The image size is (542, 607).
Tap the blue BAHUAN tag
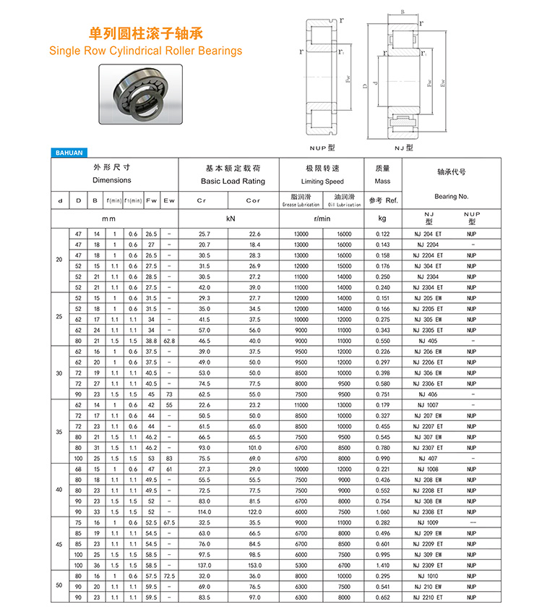(69, 153)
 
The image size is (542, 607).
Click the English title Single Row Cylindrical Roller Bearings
(145, 51)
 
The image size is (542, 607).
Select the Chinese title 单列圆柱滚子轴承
(145, 33)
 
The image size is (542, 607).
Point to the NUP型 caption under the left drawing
(322, 147)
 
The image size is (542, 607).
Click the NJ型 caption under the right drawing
(403, 147)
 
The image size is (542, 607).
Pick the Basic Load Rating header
(233, 181)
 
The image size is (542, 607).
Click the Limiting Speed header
(322, 182)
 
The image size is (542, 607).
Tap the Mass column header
(382, 181)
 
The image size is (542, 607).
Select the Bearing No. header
(452, 196)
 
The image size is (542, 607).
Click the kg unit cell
(382, 218)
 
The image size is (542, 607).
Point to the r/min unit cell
(322, 218)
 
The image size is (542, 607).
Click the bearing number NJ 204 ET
(431, 234)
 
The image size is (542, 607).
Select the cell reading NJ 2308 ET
(431, 512)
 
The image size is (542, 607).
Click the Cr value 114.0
(204, 512)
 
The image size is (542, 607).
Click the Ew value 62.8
(169, 341)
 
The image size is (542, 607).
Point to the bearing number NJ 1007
(431, 404)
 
